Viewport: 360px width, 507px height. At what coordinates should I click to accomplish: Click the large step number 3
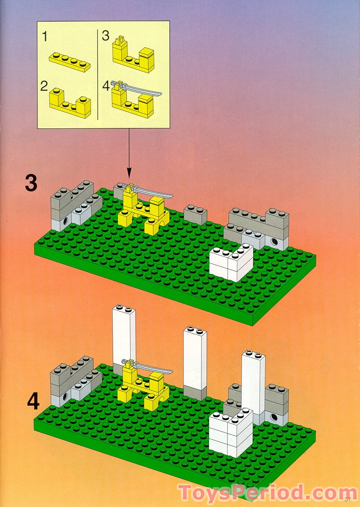pos(31,183)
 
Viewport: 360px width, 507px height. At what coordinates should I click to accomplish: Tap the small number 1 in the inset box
pos(45,37)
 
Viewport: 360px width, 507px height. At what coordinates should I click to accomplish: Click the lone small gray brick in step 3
pos(195,215)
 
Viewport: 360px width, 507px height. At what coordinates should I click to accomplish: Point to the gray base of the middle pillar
pos(195,392)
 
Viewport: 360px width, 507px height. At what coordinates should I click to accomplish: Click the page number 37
pos(347,499)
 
